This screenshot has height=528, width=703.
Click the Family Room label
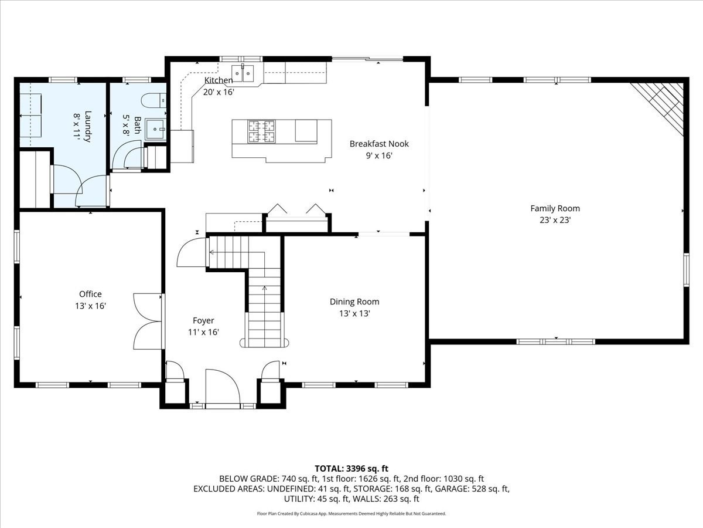[x=555, y=208]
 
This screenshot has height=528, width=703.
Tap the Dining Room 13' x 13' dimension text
[x=354, y=314]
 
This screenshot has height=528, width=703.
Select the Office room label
[x=90, y=294]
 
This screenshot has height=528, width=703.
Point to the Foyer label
[x=203, y=320]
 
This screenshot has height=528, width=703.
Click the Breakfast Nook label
[x=379, y=144]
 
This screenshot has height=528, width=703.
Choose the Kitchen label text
[x=218, y=80]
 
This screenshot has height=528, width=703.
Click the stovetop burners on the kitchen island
[x=261, y=131]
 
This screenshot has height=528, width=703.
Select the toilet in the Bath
[x=156, y=101]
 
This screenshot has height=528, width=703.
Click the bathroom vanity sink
[x=155, y=129]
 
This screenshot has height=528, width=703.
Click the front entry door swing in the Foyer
[x=223, y=387]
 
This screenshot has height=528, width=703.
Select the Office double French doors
[x=148, y=321]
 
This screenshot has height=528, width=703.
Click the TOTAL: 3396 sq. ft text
[x=351, y=468]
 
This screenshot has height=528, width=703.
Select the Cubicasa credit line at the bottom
[x=351, y=513]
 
